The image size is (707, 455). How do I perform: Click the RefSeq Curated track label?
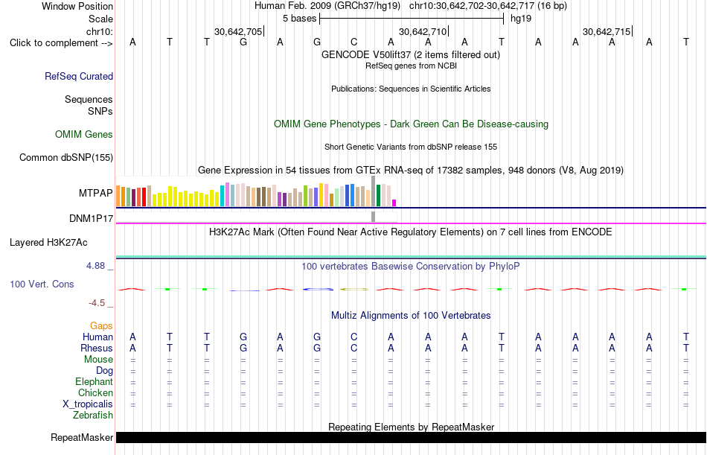[x=79, y=76]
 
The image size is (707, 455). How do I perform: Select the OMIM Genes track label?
[x=84, y=134]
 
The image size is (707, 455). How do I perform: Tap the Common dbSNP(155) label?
[x=66, y=158]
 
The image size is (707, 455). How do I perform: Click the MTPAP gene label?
[x=95, y=193]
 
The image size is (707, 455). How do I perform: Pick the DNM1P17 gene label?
[x=91, y=218]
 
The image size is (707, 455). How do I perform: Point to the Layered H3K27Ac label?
[x=48, y=243]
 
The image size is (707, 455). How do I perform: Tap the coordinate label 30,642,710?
[x=423, y=31]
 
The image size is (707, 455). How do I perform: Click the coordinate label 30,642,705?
[x=238, y=31]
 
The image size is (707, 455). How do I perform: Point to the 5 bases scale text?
[x=299, y=19]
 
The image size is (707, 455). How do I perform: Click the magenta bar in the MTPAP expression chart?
[x=394, y=203]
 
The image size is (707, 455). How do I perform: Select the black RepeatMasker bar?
[x=412, y=437]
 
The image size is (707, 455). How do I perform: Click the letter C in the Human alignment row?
[x=354, y=337]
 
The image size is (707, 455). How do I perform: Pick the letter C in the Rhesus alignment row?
[x=354, y=348]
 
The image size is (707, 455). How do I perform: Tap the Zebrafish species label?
[x=93, y=416]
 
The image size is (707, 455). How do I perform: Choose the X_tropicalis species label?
[x=88, y=404]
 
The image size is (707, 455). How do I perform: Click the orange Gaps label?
[x=101, y=326]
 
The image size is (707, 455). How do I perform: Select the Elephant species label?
[x=95, y=382]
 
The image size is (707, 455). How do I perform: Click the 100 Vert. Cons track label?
[x=42, y=284]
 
